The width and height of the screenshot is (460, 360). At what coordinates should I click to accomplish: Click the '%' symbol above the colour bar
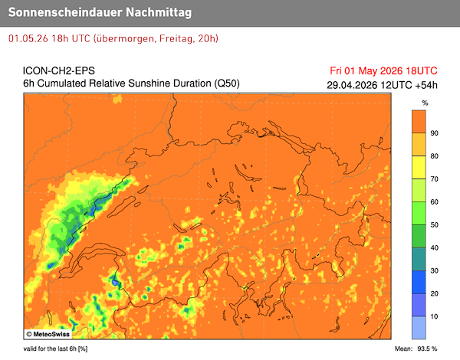point(425,102)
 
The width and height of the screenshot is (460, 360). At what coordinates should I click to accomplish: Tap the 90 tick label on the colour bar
point(434,133)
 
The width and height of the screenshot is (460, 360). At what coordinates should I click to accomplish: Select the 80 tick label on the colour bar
point(434,155)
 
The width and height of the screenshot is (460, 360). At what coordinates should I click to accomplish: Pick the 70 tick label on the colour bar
point(434,178)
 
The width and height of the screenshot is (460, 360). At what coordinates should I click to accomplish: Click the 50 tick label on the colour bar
point(434,224)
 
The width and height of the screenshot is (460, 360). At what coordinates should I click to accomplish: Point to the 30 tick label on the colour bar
point(434,270)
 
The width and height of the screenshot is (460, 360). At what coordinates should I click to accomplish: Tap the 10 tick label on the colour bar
point(434,316)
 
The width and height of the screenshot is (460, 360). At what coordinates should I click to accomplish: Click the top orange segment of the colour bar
point(419,121)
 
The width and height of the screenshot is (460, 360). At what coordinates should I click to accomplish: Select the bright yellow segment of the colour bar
point(419,167)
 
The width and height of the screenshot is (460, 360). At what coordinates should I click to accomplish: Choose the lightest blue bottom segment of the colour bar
point(419,328)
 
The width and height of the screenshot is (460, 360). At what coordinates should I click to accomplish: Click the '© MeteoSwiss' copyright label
point(51,334)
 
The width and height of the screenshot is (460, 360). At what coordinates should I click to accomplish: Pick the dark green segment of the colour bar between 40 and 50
point(419,236)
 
